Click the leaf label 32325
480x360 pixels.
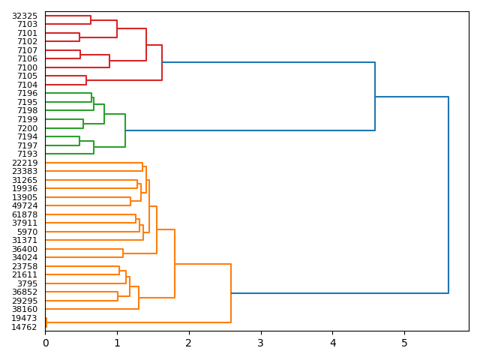25,16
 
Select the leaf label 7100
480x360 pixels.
27,67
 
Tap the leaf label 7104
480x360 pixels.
27,85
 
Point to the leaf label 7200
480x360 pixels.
27,128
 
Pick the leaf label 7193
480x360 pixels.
27,154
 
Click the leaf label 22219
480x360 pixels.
25,163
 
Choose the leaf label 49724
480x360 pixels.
25,205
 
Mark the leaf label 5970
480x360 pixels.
27,232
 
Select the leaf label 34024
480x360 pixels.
25,257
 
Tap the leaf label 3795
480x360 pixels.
27,283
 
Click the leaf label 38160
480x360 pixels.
25,309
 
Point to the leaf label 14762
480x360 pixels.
25,327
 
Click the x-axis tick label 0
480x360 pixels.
45,343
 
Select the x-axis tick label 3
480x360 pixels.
261,343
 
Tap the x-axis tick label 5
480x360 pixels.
404,343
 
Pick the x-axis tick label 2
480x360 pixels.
189,343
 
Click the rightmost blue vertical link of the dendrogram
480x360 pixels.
448,195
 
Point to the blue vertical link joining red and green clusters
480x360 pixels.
375,97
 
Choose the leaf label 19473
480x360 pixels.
25,318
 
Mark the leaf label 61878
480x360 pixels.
25,214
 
